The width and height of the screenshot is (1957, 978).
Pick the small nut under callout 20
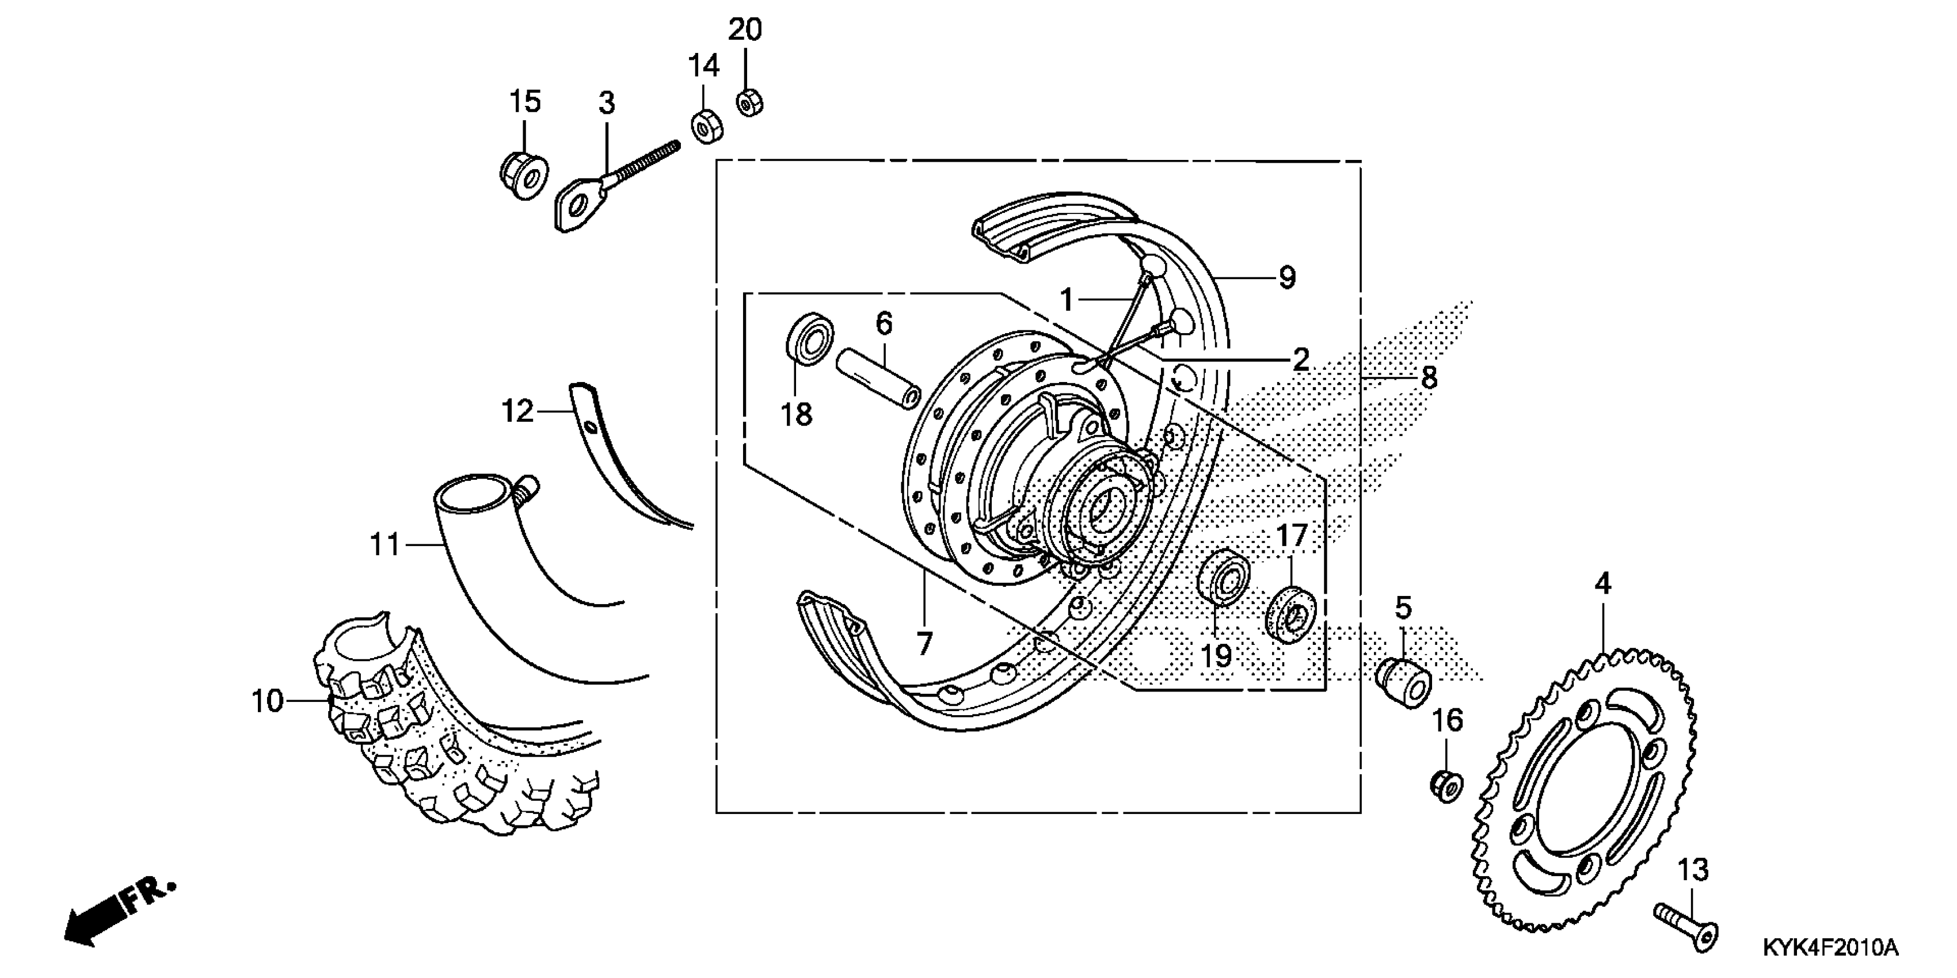749,102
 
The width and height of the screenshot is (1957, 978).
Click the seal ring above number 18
808,339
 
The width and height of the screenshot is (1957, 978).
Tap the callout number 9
1286,277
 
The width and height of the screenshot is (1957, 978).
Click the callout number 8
1428,377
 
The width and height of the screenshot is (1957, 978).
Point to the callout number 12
517,411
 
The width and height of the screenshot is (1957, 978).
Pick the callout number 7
924,644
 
